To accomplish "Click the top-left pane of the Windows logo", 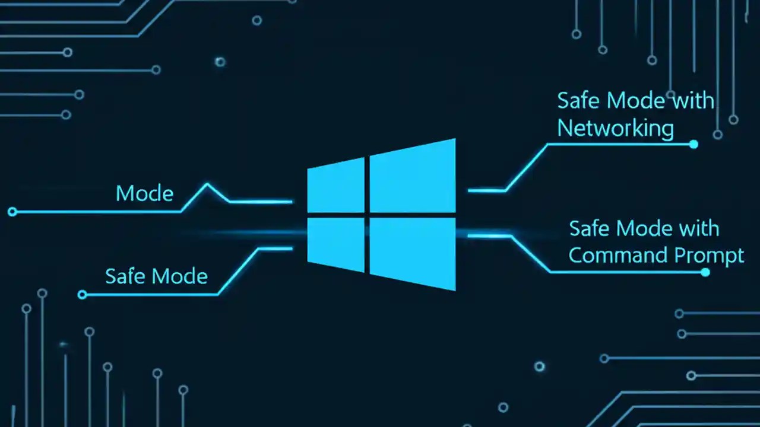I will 336,186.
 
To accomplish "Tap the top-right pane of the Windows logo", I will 412,176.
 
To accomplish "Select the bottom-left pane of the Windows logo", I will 336,244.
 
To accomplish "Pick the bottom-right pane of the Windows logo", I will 412,251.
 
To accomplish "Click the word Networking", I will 615,128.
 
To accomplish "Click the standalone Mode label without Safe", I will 144,193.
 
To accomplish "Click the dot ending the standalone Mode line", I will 12,211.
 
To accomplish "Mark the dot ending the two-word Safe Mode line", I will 83,294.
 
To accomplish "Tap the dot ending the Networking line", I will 693,144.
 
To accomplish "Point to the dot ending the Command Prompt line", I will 705,272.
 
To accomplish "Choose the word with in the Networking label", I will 692,101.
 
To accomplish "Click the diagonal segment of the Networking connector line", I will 525,167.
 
